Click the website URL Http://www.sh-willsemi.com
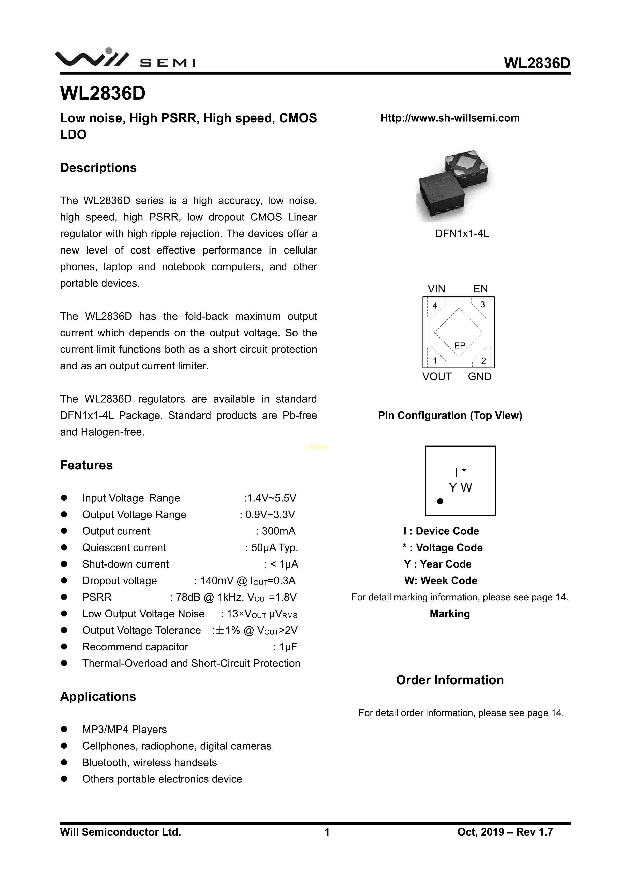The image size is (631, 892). (x=450, y=118)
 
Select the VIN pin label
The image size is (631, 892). (x=436, y=289)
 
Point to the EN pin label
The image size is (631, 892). (x=480, y=289)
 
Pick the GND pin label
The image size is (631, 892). (x=479, y=377)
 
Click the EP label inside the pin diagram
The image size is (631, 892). (x=460, y=345)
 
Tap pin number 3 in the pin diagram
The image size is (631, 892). (x=482, y=305)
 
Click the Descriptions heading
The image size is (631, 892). (x=98, y=168)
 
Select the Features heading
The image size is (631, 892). (x=86, y=465)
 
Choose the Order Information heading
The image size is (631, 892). (x=450, y=680)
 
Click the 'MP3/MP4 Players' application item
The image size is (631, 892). (x=124, y=730)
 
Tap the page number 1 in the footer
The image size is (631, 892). (x=327, y=832)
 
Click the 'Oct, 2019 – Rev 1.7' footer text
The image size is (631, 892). (x=505, y=832)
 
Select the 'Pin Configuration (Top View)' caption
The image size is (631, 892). (x=450, y=416)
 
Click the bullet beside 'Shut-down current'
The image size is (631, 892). (x=64, y=564)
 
